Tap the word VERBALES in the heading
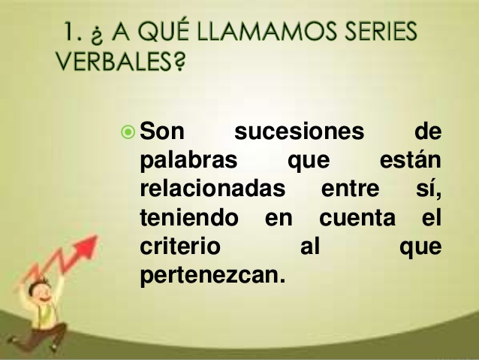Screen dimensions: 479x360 click(113, 62)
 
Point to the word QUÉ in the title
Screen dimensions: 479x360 click(163, 31)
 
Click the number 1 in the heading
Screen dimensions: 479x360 click(69, 32)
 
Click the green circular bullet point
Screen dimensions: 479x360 click(128, 132)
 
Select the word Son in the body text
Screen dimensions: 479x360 click(162, 132)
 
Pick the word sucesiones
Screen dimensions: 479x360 click(299, 132)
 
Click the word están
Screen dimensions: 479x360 click(411, 159)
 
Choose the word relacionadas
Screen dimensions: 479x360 click(212, 187)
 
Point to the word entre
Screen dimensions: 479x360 click(350, 189)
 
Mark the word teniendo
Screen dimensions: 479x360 click(188, 217)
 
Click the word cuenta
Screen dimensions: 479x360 click(357, 218)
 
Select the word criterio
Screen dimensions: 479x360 click(180, 246)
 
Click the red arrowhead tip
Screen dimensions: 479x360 click(97, 236)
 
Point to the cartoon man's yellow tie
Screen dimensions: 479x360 click(45, 313)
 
